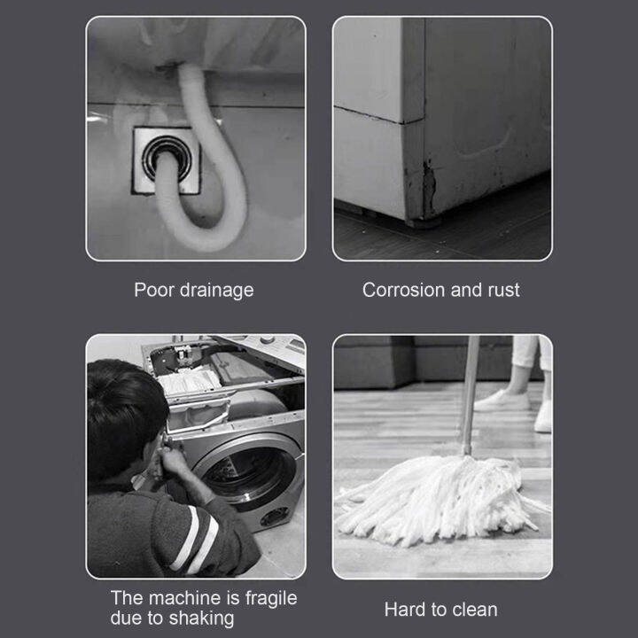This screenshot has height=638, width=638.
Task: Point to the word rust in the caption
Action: tap(502, 290)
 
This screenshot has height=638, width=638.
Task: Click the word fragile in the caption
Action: tap(268, 599)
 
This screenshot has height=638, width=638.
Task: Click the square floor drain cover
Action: tap(167, 160)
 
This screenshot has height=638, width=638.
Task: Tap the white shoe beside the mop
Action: tap(502, 400)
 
